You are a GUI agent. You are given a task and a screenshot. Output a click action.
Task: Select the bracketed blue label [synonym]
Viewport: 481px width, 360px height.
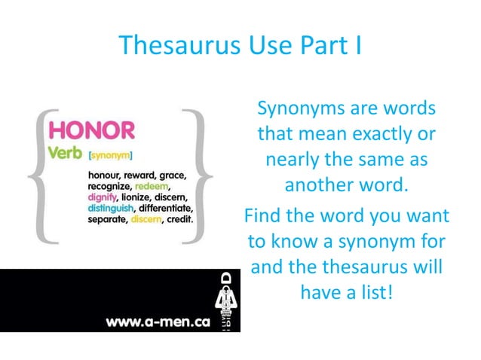[x=111, y=156]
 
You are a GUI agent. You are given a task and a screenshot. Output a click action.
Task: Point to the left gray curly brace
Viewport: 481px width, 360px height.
[x=39, y=177]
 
